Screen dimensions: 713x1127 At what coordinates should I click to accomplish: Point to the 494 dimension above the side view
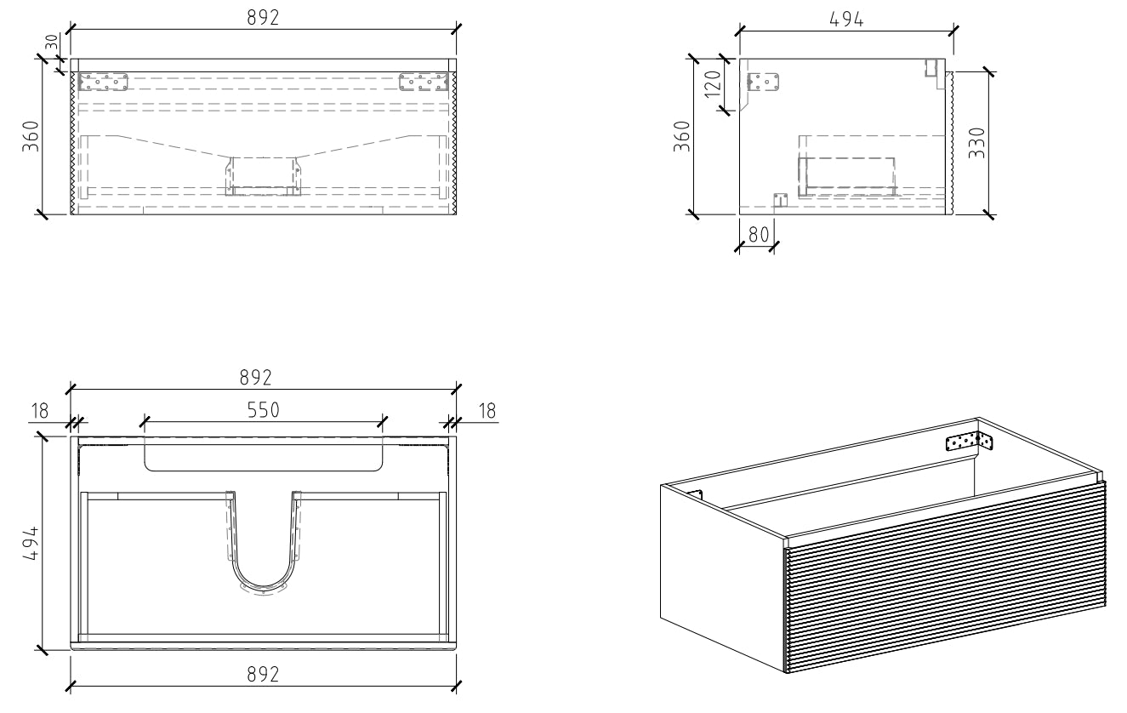coord(846,19)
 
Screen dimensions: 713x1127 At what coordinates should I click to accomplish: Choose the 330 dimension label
coord(976,142)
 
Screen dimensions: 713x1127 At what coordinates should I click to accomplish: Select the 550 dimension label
coord(264,409)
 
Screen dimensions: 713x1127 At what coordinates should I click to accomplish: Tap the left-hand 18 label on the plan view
coord(39,412)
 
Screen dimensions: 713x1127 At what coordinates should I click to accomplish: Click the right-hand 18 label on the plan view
coord(487,412)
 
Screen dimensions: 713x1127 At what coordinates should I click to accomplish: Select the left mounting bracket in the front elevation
coord(103,81)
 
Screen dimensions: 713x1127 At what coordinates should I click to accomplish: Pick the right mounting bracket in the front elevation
coord(424,81)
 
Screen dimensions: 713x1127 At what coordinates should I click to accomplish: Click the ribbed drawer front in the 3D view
coord(944,579)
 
